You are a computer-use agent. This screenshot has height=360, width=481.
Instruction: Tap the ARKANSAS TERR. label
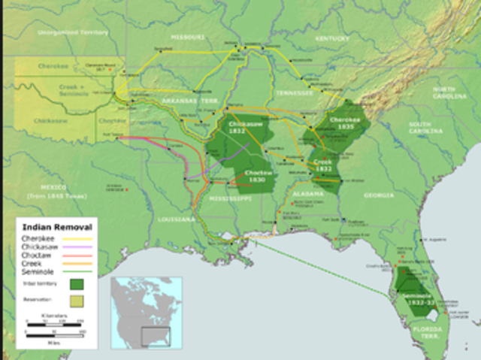coord(180,100)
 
